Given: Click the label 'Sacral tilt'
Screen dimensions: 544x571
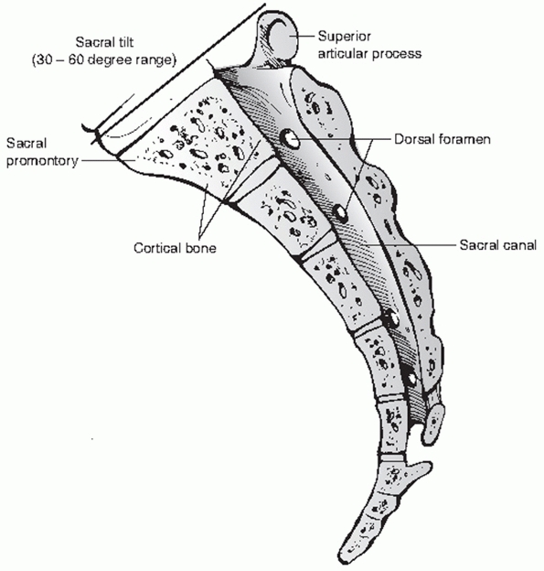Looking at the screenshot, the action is click(x=104, y=42).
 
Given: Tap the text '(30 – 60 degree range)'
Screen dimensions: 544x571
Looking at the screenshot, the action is click(x=104, y=59).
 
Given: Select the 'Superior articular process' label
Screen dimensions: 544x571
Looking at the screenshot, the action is click(x=369, y=45).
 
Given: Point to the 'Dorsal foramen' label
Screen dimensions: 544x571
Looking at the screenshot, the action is click(x=443, y=139).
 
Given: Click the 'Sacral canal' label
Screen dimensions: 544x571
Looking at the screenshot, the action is click(x=498, y=244).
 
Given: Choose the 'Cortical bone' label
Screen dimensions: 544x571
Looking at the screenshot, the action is click(x=175, y=248).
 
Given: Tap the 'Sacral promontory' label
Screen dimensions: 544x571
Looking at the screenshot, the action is click(x=42, y=152).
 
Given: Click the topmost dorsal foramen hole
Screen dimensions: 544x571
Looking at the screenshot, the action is click(x=290, y=139).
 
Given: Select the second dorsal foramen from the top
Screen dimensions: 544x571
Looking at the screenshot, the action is click(x=341, y=213).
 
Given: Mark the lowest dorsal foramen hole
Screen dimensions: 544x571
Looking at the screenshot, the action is click(x=411, y=379).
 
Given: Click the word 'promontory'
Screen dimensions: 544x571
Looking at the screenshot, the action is click(x=42, y=161).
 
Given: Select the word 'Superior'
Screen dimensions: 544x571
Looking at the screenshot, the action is click(x=345, y=37).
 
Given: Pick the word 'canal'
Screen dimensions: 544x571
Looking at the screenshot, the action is click(x=517, y=244).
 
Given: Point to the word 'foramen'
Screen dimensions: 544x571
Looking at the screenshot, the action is click(x=466, y=139).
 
